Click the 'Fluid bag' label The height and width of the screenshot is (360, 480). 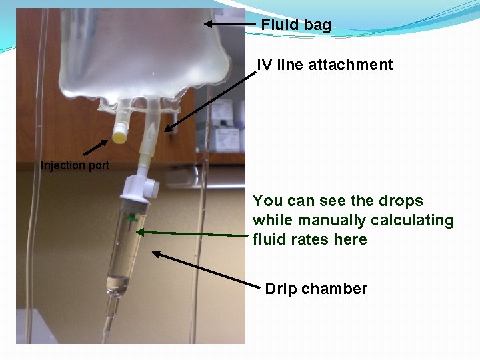coord(295,25)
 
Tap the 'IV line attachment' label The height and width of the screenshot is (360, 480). coord(325,65)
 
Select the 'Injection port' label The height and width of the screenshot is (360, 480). coord(75,165)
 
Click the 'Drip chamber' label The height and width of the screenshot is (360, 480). coord(316,289)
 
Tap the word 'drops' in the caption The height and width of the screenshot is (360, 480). coord(401,201)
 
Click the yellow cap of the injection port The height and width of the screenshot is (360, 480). coord(119,137)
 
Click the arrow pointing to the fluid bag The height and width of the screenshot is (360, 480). coord(229,24)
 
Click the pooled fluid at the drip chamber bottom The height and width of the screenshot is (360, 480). coord(119,283)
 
